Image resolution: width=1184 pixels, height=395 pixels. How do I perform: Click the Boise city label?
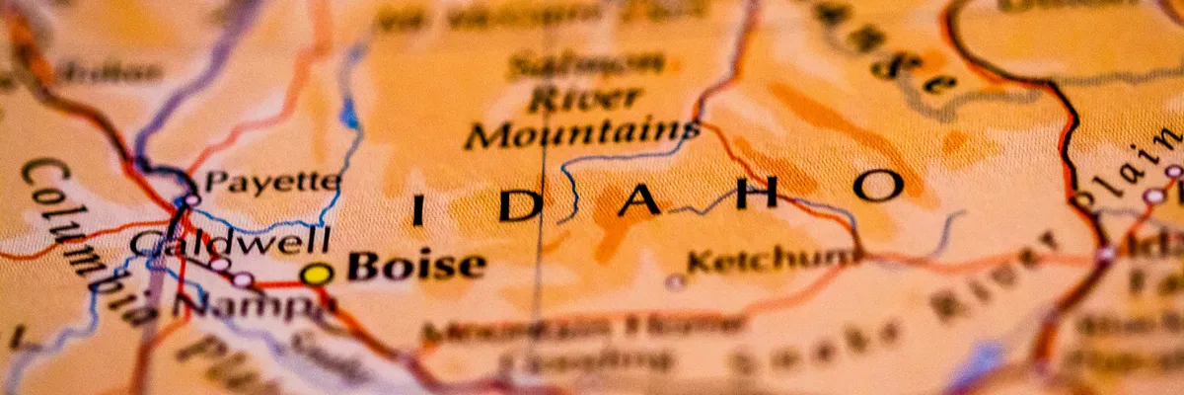point(416,267)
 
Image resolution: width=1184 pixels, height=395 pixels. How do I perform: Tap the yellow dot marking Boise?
point(316,275)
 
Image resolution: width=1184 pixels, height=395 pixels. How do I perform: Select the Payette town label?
point(271,183)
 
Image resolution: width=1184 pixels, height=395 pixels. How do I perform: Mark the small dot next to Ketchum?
point(675,281)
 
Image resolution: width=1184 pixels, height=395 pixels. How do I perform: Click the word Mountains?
point(582,133)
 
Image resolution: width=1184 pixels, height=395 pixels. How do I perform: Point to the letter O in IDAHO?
point(877,185)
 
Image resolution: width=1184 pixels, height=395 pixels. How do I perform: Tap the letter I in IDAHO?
point(418,210)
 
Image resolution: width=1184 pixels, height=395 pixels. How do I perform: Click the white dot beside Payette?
point(191,199)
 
